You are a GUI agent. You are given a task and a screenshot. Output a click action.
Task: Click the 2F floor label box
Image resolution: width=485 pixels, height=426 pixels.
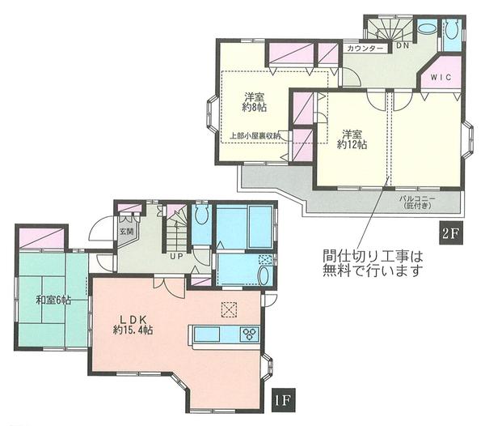click(450, 234)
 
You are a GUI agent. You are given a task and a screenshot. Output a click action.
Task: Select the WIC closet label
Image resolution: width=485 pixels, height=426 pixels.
click(441, 78)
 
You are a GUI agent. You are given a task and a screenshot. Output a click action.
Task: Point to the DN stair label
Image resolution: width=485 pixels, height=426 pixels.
click(402, 45)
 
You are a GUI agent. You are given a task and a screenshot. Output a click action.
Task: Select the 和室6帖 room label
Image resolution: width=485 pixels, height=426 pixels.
click(53, 300)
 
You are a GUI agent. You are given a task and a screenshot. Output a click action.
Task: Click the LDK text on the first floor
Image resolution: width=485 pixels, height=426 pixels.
click(132, 317)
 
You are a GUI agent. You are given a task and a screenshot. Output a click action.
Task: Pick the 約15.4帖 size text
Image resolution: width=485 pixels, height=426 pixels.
click(133, 330)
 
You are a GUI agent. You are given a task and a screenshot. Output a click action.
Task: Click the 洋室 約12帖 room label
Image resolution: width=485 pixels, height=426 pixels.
click(353, 138)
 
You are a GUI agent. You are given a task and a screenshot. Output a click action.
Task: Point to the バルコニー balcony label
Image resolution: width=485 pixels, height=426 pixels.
click(417, 201)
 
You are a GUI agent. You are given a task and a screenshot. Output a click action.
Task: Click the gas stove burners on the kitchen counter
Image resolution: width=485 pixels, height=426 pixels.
click(249, 333)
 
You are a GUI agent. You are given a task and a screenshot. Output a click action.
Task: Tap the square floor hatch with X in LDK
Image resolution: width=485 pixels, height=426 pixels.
click(229, 309)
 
